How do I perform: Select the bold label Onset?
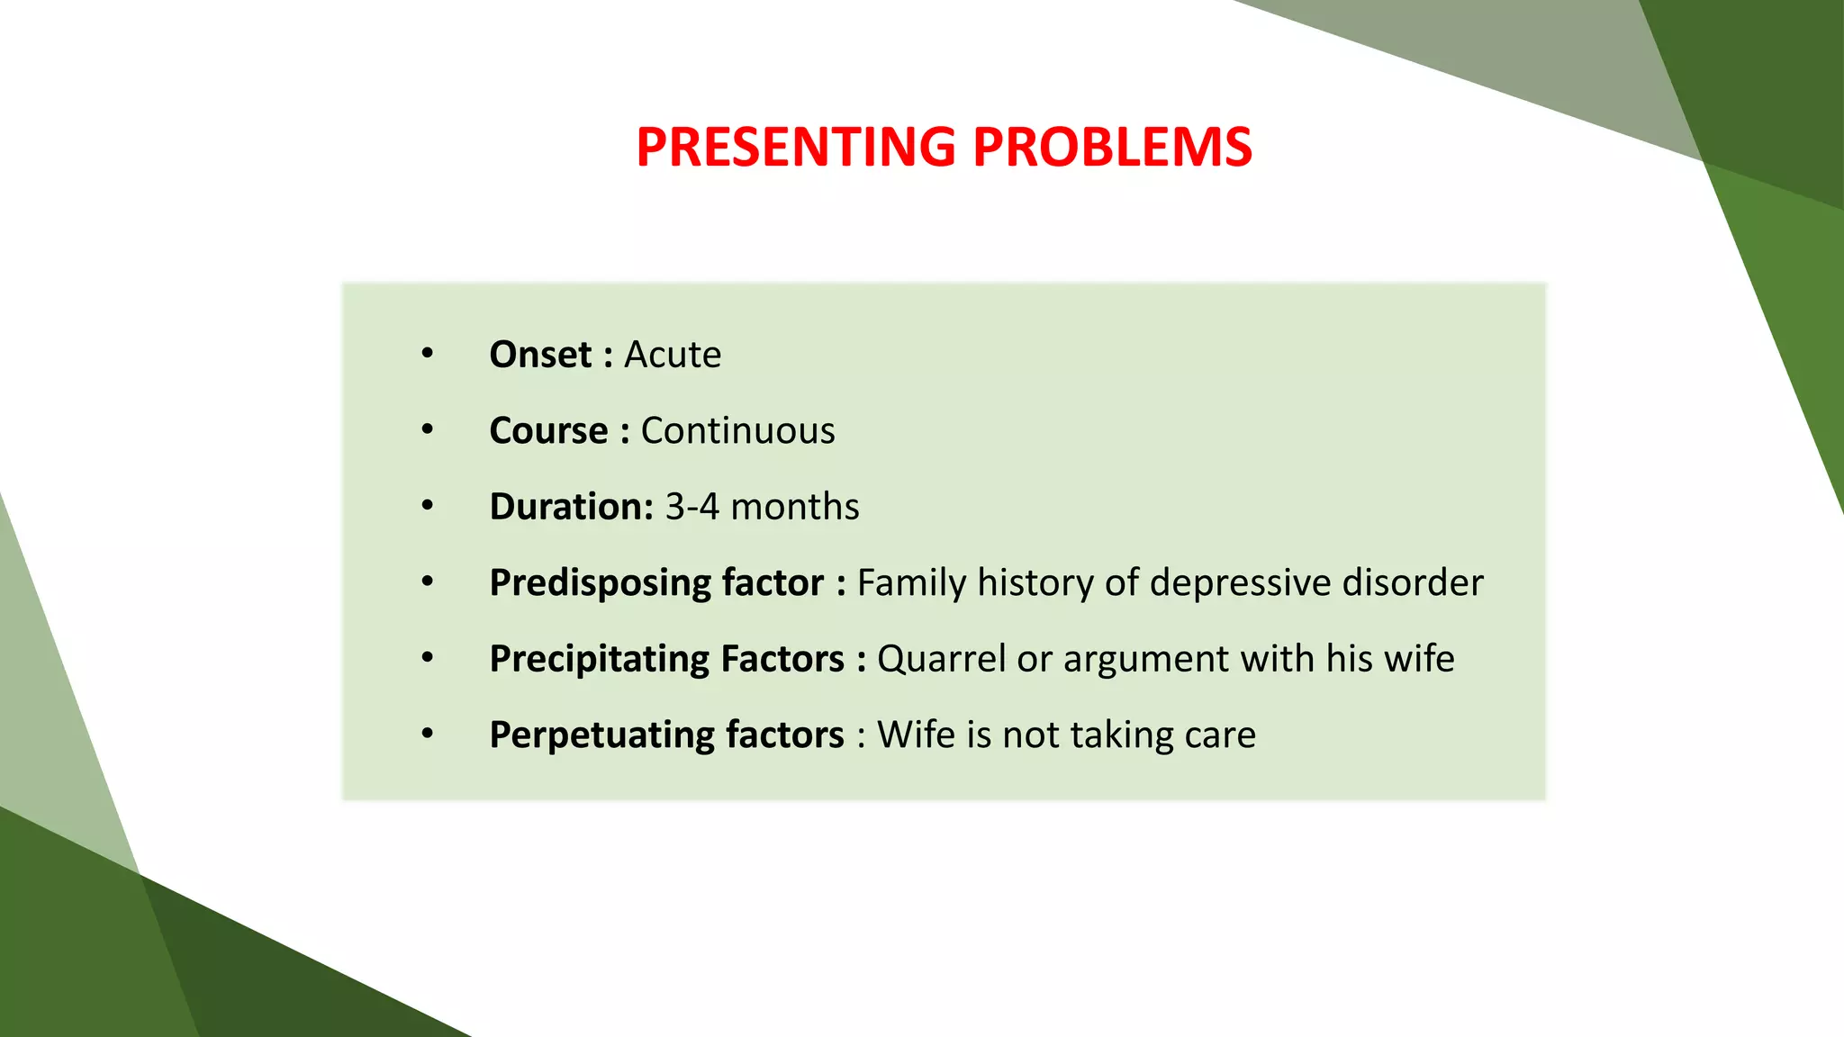tap(540, 355)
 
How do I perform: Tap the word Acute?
tap(673, 355)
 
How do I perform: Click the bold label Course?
tap(548, 431)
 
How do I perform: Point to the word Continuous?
tap(737, 431)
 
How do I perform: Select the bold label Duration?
tap(570, 507)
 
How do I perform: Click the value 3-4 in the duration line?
tap(691, 507)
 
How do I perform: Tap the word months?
tap(794, 507)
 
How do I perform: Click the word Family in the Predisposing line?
tap(911, 583)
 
